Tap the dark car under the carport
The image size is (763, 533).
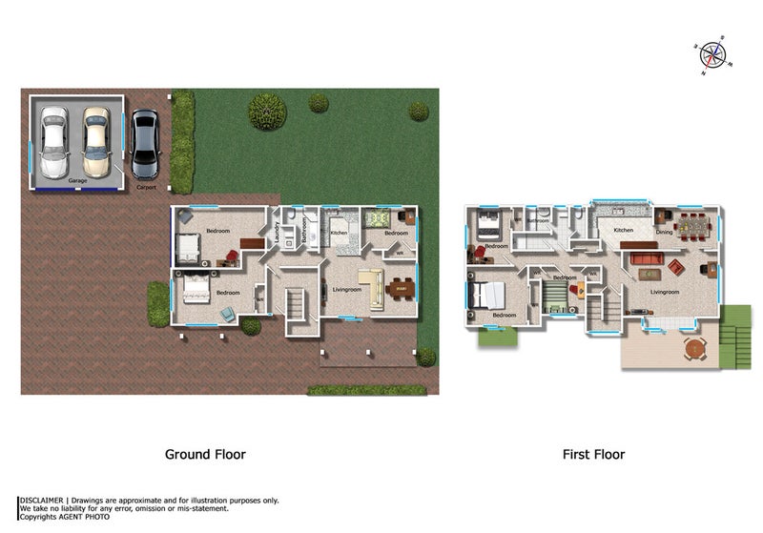(x=145, y=144)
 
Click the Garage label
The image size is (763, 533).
(x=77, y=180)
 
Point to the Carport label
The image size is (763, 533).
(x=146, y=188)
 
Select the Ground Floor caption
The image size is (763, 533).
(x=205, y=455)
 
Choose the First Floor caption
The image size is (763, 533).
(x=593, y=455)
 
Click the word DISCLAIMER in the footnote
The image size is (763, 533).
(x=41, y=500)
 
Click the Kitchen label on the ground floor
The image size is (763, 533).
(x=339, y=233)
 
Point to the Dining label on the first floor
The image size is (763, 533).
(x=664, y=231)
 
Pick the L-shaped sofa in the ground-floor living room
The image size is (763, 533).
(x=371, y=286)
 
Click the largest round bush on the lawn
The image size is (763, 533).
(x=267, y=112)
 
